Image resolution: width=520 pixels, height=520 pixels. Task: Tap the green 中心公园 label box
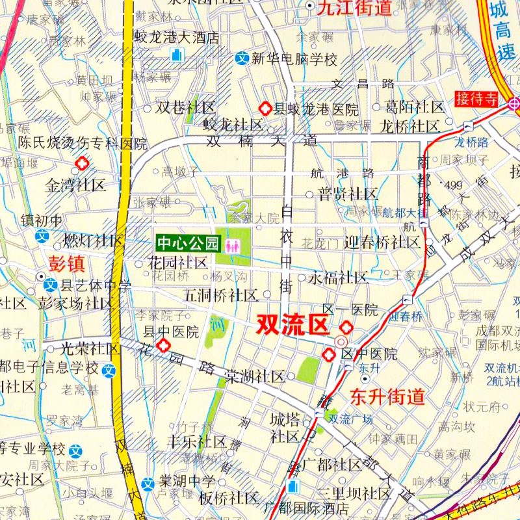coord(187,244)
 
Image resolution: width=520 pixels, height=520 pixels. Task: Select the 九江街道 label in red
coord(354,8)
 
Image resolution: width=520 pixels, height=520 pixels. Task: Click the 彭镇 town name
coord(67,263)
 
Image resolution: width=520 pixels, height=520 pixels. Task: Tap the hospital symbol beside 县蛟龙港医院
coord(265,109)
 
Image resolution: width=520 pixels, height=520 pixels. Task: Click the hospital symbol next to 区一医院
coord(348,328)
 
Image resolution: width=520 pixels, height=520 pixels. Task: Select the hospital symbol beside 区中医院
coord(330,354)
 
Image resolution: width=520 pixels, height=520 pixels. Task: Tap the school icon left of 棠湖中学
coord(149,483)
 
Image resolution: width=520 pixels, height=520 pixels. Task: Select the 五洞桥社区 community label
coord(221,295)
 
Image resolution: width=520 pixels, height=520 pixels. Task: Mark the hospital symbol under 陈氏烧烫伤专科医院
coord(82,163)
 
